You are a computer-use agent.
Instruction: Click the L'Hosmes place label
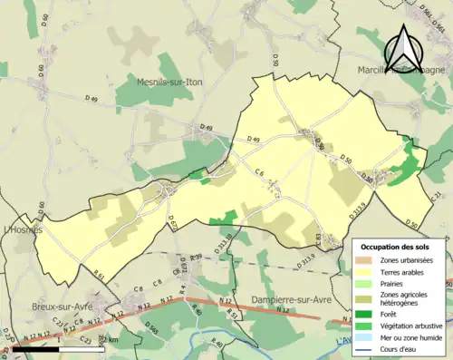(20, 230)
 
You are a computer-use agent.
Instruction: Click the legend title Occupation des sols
(396, 247)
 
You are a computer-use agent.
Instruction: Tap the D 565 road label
(144, 329)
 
